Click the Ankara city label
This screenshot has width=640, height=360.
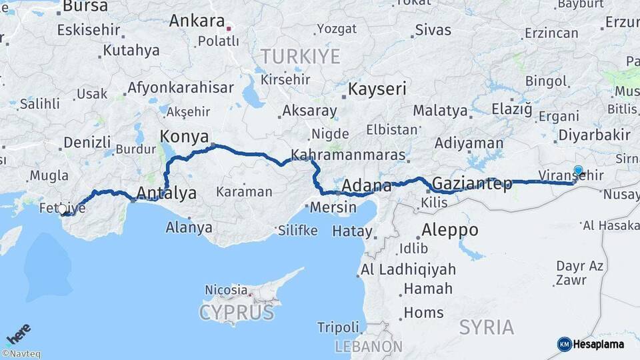(x=197, y=21)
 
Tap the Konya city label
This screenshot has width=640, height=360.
(x=184, y=137)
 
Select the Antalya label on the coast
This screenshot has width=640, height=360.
(x=166, y=194)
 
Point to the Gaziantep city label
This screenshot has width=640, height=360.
(x=472, y=183)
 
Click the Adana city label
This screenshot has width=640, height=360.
(x=367, y=185)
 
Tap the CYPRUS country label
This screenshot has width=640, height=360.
(x=236, y=313)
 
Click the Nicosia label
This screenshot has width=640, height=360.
(x=226, y=291)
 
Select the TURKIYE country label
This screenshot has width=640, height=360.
(x=300, y=57)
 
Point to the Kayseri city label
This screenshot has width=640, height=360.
(x=377, y=89)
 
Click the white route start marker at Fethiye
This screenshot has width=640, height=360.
(x=63, y=209)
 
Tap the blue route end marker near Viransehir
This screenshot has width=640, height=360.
(x=578, y=170)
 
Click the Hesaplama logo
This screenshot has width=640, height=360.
(x=591, y=344)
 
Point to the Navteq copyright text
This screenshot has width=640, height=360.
(x=21, y=354)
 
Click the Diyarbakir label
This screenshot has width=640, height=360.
(x=594, y=135)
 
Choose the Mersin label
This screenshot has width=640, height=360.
(x=333, y=207)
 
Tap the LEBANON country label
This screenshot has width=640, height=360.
(x=368, y=347)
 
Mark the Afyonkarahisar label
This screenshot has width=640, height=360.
(x=180, y=87)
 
